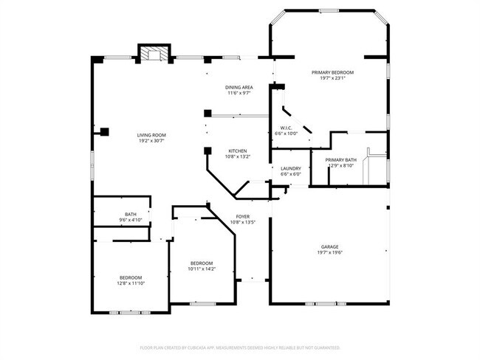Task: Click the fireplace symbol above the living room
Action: [154, 54]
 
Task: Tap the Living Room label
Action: [151, 135]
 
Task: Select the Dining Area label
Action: [239, 88]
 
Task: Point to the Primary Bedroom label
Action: [332, 72]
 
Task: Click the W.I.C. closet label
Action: [285, 128]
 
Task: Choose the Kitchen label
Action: [237, 150]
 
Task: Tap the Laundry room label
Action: [290, 168]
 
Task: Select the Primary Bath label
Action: [340, 159]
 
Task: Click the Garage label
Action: [329, 246]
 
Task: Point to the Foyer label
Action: [242, 216]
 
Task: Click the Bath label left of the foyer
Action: [130, 215]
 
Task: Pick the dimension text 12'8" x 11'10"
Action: [130, 283]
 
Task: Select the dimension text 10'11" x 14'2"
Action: [202, 269]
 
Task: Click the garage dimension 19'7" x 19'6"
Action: [329, 252]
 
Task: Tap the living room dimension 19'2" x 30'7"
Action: [151, 141]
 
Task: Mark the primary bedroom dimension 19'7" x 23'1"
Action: [332, 78]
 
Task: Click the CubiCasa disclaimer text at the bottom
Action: [240, 347]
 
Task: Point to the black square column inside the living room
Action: [105, 132]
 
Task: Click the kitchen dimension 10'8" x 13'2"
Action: [237, 156]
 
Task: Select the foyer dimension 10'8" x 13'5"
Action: [242, 222]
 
